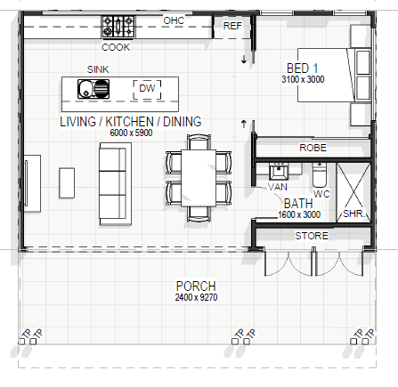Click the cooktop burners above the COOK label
(x=118, y=27)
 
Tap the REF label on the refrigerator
(x=232, y=26)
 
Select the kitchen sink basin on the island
(x=93, y=89)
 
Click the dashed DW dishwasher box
(x=147, y=89)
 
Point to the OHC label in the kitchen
(x=174, y=20)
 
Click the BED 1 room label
(x=303, y=69)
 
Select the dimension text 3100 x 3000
(x=303, y=79)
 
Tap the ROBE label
(x=313, y=148)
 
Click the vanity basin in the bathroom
(x=279, y=172)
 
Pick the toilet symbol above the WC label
(x=320, y=174)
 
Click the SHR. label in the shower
(x=353, y=214)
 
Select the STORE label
(x=312, y=236)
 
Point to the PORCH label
(x=196, y=286)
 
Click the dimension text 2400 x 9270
(x=196, y=297)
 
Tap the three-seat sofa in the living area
(x=115, y=184)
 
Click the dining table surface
(x=199, y=178)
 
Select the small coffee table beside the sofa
(x=67, y=183)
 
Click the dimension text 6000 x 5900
(x=131, y=133)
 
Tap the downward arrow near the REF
(x=244, y=60)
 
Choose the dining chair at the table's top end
(x=199, y=142)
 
